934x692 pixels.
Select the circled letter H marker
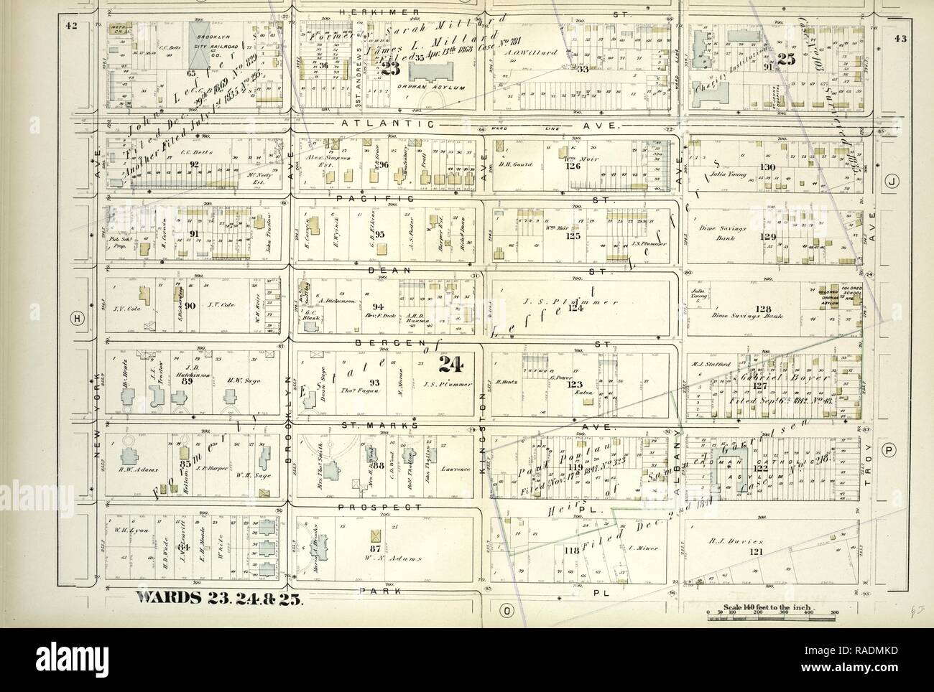click(x=75, y=317)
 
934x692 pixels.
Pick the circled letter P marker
click(x=889, y=450)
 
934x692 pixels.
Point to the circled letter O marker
click(x=507, y=611)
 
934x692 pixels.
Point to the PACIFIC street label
click(x=371, y=197)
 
